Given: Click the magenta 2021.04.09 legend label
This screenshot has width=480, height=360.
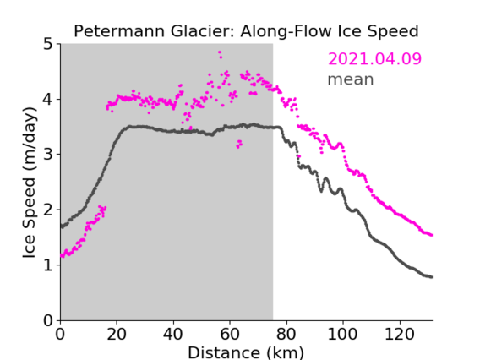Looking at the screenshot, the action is [374, 58].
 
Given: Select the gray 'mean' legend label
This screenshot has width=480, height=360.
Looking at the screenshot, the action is [351, 79].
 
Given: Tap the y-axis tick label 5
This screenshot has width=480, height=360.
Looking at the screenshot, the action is [48, 44].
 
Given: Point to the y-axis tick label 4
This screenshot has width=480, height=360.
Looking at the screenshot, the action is [48, 100].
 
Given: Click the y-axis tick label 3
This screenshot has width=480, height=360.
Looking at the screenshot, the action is [48, 155].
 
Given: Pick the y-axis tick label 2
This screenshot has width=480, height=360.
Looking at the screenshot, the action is [48, 210].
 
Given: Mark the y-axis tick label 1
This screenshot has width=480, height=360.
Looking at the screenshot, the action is [48, 265].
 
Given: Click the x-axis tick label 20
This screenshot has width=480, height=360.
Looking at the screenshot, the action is [117, 334].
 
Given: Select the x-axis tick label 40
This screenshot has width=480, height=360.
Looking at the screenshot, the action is [173, 334].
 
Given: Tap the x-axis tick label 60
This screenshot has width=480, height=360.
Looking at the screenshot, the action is [230, 334].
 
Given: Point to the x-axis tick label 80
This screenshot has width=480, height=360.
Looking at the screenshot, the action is [286, 334].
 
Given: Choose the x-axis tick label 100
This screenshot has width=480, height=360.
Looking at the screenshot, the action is [342, 334].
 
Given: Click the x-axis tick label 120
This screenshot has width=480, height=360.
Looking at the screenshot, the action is [399, 334].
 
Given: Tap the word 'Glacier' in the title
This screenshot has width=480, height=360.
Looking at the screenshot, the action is [203, 31].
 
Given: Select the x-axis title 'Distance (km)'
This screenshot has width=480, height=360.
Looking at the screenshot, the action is [246, 352].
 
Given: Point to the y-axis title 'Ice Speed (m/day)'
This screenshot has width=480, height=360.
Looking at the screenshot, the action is [30, 183].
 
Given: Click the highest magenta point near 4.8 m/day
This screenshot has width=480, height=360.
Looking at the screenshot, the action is [220, 52].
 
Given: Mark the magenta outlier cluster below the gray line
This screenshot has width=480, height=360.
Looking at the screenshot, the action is [239, 144].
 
